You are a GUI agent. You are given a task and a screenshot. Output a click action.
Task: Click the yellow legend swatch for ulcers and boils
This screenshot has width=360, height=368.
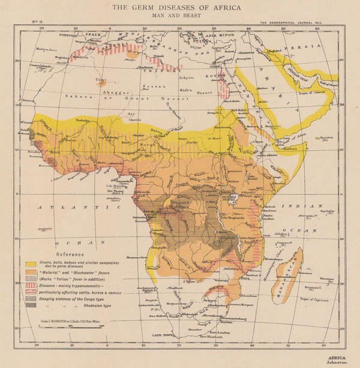(x=29, y=264)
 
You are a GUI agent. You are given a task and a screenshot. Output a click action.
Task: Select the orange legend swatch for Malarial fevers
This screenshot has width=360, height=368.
(x=29, y=272)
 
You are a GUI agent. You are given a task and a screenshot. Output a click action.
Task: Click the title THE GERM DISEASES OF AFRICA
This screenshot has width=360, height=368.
(x=179, y=7)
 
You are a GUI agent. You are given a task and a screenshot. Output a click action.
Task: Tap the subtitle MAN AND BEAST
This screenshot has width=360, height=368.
(x=179, y=16)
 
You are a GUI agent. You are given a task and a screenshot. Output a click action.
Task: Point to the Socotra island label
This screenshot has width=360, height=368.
(x=327, y=137)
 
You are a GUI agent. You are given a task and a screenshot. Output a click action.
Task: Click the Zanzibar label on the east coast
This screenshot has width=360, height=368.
(x=268, y=220)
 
